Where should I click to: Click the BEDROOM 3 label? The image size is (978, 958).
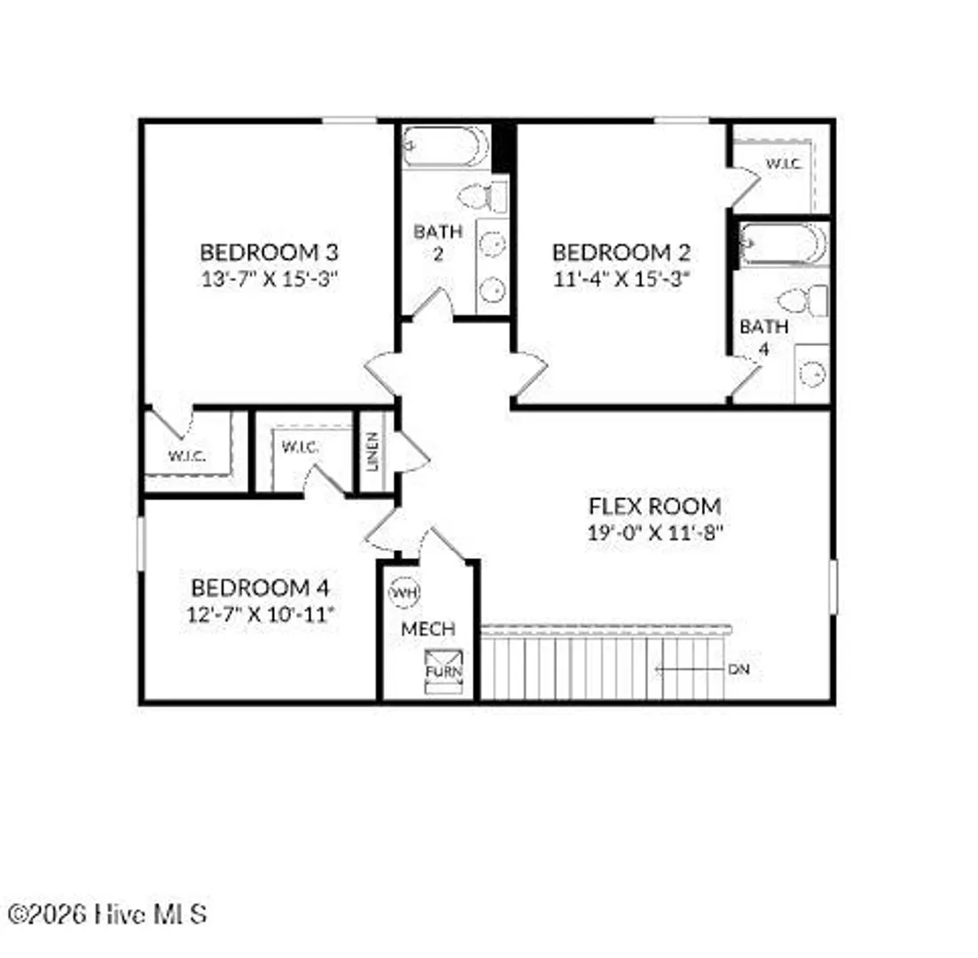point(269,252)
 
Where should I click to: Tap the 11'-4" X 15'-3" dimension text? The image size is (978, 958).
point(622,279)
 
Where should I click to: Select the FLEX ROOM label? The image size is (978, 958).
point(655,506)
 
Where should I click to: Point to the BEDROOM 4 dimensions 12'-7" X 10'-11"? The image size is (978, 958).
point(262,614)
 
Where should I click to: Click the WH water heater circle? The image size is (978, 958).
point(404,593)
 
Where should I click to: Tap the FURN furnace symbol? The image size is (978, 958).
point(443,671)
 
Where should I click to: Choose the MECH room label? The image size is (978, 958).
point(428,629)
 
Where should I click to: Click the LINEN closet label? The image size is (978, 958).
point(373,452)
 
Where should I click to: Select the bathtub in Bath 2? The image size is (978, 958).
point(446,146)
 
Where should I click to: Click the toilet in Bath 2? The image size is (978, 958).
point(483,197)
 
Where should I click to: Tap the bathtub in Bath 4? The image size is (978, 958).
point(784,243)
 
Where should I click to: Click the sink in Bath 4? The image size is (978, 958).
point(812,373)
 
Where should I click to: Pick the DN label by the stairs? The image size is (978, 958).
point(739,670)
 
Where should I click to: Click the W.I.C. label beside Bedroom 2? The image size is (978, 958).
point(784,163)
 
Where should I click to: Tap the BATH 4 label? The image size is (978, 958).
point(764,338)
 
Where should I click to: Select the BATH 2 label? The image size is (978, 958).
point(438,242)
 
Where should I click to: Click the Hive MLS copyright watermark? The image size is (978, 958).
point(106,915)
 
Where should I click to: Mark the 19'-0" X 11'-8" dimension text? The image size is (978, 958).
point(655,532)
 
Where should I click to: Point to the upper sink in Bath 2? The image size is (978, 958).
point(493,243)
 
